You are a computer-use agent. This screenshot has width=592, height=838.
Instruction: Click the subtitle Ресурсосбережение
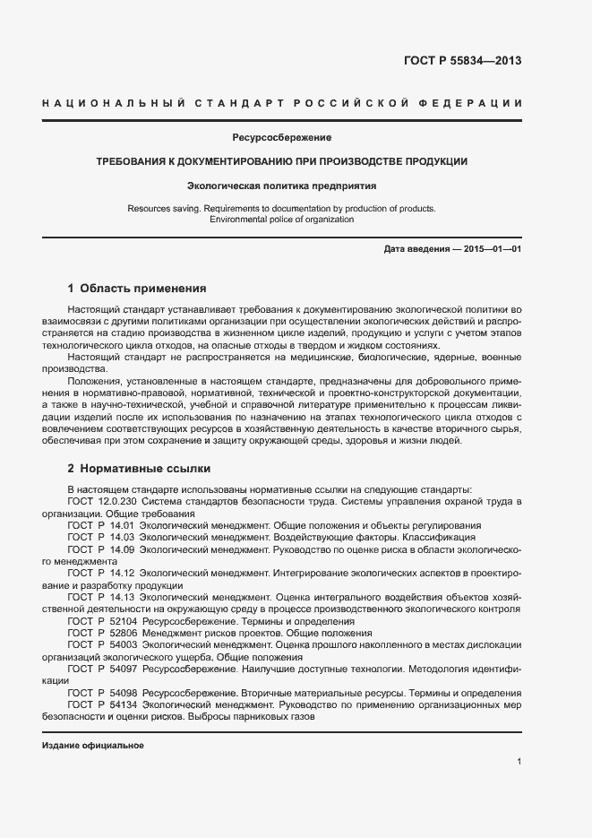coord(281,139)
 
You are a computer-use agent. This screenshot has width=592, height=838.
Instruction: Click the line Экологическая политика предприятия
coord(281,186)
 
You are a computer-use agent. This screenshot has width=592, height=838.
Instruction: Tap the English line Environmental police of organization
coord(281,220)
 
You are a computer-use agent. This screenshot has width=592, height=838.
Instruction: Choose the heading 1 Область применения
coord(137,289)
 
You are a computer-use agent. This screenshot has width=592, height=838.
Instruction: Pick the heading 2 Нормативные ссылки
coord(140,468)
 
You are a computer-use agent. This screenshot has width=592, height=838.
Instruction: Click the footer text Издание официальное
coord(93,746)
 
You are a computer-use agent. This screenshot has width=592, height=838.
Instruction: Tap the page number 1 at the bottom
coord(519,762)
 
